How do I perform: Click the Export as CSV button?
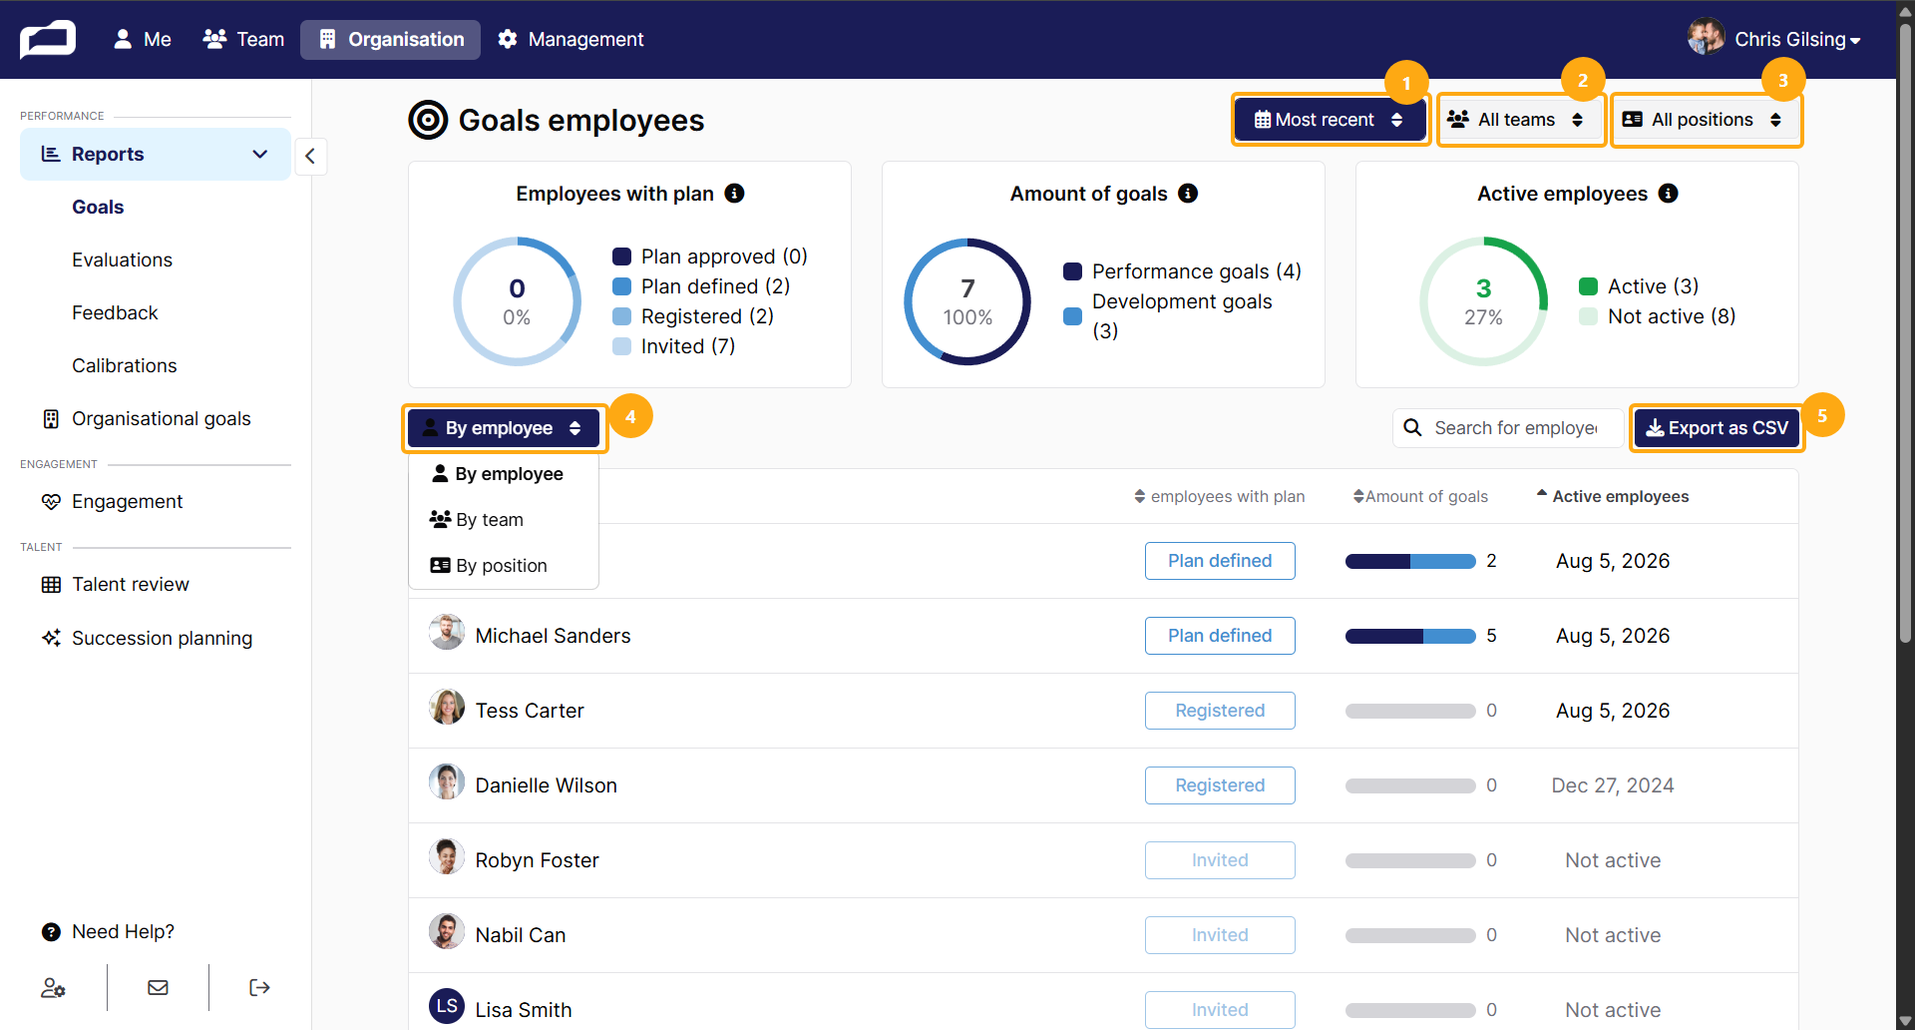[x=1717, y=428]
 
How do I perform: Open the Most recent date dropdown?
[x=1330, y=120]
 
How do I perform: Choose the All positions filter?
[x=1707, y=120]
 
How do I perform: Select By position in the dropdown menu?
[x=489, y=565]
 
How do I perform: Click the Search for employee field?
[x=1508, y=428]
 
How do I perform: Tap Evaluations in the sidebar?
[x=122, y=259]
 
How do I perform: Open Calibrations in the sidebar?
[x=124, y=365]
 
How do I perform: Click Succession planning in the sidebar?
[x=162, y=638]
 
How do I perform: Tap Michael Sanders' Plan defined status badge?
[x=1220, y=636]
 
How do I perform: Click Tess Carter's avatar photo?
[x=447, y=708]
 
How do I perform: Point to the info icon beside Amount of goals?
[x=1188, y=194]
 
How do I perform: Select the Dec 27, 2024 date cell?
[x=1613, y=785]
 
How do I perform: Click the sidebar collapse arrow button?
[x=310, y=156]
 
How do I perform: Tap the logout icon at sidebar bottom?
[x=259, y=988]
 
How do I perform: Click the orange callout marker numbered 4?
[x=630, y=416]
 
